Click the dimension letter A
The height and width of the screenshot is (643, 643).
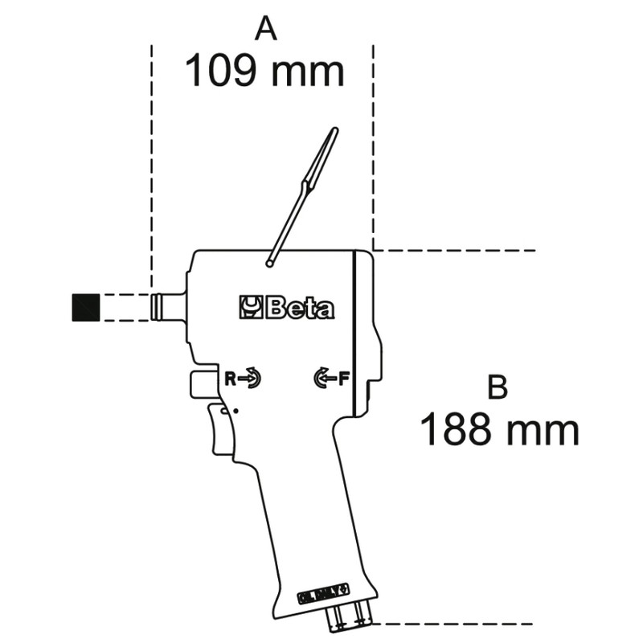(x=266, y=29)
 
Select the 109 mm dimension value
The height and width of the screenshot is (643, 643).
(x=264, y=72)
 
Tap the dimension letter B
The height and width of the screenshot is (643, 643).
(x=498, y=387)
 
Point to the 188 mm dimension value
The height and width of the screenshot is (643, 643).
(x=499, y=430)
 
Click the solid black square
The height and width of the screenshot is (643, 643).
(x=85, y=308)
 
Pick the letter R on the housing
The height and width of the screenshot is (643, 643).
(x=230, y=378)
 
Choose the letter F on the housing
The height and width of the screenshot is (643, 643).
(x=343, y=378)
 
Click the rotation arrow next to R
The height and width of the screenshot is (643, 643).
(x=250, y=378)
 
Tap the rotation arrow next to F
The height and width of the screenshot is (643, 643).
(x=324, y=378)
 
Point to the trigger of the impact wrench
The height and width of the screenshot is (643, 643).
(x=219, y=430)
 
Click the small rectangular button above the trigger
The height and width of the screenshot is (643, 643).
(x=203, y=385)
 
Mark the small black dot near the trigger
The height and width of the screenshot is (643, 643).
(x=235, y=412)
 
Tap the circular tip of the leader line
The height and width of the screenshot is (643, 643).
(x=272, y=261)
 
